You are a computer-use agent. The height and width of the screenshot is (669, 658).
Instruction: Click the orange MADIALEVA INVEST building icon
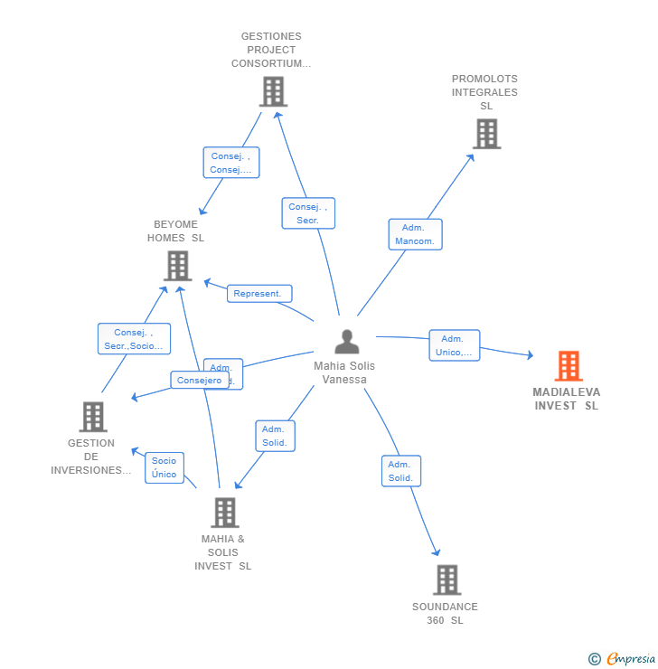[x=568, y=366]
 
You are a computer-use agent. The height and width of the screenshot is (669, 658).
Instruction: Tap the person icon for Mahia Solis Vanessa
[x=346, y=342]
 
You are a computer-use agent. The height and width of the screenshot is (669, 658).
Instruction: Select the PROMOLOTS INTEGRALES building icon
[x=486, y=134]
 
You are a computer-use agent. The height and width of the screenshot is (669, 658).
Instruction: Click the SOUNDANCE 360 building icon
[x=446, y=579]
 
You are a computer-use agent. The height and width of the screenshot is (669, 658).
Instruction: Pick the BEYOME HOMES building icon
[x=177, y=266]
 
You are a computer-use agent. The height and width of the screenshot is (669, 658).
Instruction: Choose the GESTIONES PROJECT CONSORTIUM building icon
[x=272, y=91]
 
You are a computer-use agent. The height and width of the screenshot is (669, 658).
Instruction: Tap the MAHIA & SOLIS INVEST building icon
[x=224, y=513]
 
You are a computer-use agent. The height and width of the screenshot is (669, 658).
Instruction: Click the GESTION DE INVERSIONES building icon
[x=92, y=417]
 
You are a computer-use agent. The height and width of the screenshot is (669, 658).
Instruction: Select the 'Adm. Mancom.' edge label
[x=415, y=234]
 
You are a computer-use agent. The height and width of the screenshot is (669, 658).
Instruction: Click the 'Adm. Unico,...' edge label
[x=454, y=345]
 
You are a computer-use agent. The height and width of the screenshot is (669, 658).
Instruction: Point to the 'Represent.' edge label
[x=258, y=294]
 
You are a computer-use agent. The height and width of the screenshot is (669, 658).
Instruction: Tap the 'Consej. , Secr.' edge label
[x=307, y=213]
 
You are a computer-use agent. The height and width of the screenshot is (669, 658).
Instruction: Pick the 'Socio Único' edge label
[x=164, y=467]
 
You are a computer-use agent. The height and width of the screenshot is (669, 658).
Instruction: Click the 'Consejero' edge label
[x=199, y=381]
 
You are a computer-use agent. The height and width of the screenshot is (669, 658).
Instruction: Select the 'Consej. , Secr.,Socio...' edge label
[x=134, y=339]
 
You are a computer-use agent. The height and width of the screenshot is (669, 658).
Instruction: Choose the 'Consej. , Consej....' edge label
[x=230, y=163]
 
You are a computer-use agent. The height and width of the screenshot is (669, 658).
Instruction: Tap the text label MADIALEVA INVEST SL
[x=566, y=399]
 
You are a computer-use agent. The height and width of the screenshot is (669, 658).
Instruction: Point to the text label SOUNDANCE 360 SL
[x=445, y=613]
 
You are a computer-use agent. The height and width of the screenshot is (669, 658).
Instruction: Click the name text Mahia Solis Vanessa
[x=344, y=372]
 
